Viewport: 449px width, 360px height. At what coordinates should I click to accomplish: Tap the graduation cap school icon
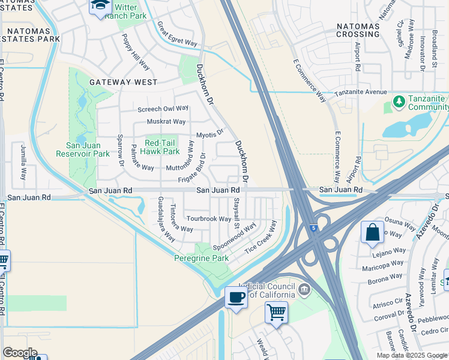click(100, 6)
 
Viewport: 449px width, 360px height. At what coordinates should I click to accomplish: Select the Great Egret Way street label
click(177, 34)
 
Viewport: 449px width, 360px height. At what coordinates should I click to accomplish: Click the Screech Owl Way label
click(163, 109)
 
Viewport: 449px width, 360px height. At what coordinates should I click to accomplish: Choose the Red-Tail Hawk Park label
click(162, 148)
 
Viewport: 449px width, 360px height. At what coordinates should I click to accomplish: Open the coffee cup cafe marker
click(236, 296)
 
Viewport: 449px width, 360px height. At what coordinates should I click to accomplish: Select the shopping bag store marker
click(372, 232)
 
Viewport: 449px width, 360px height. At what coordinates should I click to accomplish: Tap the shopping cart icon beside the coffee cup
click(276, 311)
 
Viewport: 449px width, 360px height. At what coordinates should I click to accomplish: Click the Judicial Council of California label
click(267, 291)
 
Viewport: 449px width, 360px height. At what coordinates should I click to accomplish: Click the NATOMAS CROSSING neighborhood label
click(358, 30)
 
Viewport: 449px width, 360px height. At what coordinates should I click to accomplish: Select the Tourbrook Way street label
click(208, 219)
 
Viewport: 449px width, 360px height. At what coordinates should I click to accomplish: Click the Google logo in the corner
click(20, 352)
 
